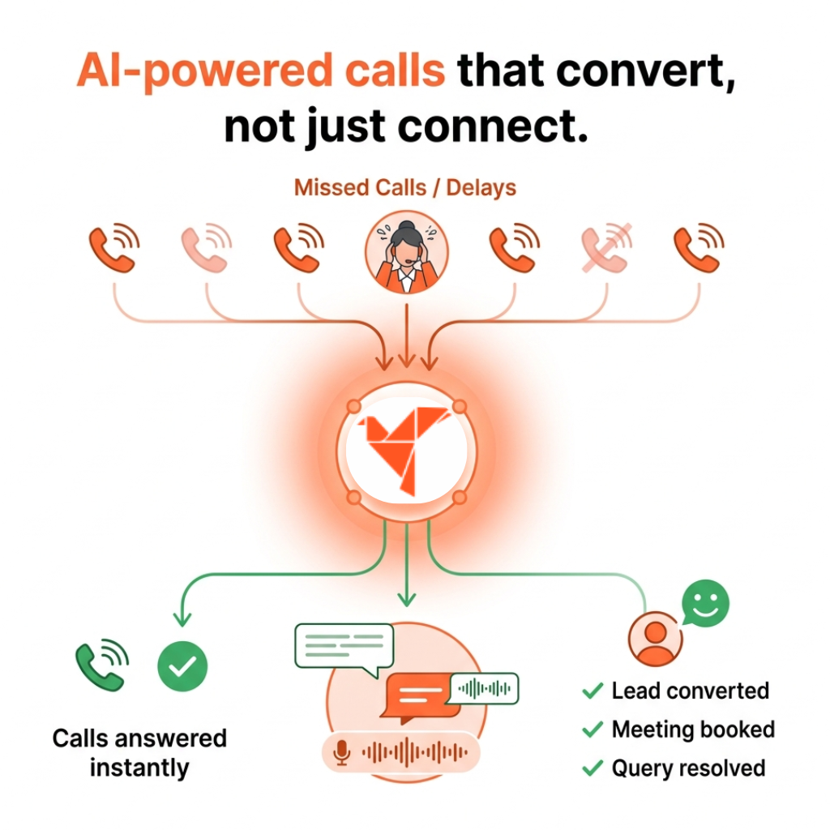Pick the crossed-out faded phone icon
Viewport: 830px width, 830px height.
[x=605, y=248]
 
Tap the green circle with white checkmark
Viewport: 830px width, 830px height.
[x=182, y=666]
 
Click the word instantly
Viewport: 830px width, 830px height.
[x=139, y=767]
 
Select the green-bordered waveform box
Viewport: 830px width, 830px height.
[x=485, y=688]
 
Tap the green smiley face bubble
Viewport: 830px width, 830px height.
[x=705, y=604]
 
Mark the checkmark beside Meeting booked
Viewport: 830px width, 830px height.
[x=593, y=729]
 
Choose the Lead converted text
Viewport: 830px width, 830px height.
[x=690, y=691]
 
